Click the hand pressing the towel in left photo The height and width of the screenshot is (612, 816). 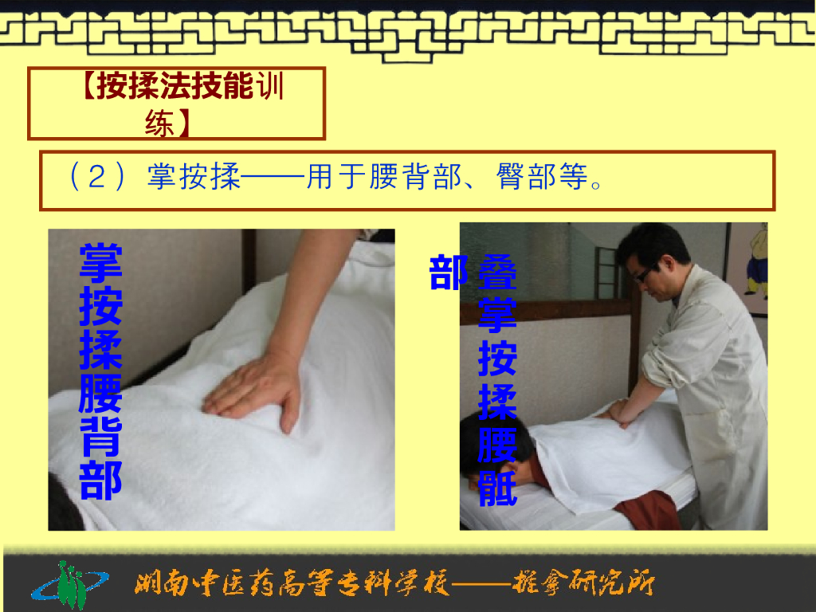click(x=253, y=386)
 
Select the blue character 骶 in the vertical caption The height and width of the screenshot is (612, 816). click(x=497, y=488)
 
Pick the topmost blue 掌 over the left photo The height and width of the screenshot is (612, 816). click(x=100, y=264)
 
